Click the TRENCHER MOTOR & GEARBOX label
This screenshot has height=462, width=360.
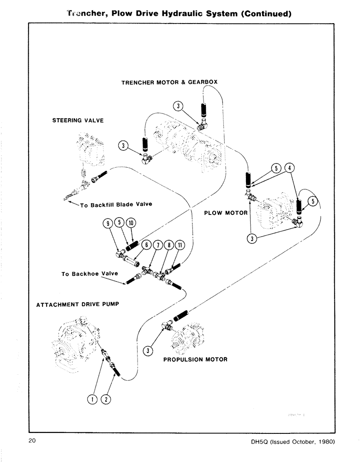coord(169,82)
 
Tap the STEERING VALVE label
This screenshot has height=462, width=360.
coord(78,121)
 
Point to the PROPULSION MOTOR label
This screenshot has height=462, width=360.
coord(195,359)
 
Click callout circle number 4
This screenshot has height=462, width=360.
coord(289,168)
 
